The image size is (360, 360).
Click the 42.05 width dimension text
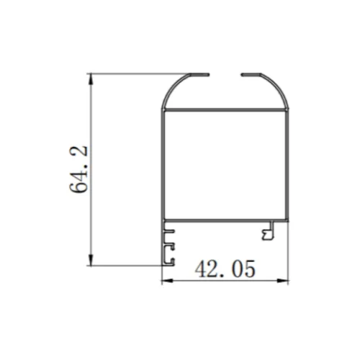click(x=225, y=269)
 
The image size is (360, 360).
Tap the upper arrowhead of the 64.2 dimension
click(x=91, y=77)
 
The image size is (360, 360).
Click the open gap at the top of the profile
click(x=225, y=73)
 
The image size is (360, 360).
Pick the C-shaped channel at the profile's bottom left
click(x=170, y=246)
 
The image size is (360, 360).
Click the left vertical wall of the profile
click(x=161, y=166)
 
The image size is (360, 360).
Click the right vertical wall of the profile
click(x=288, y=166)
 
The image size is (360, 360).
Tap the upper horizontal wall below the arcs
click(x=225, y=109)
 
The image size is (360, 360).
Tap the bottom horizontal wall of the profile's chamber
click(x=225, y=220)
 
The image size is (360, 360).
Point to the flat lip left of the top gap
click(x=199, y=73)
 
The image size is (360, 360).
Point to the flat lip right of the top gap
click(x=250, y=73)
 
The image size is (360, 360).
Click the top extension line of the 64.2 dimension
click(x=137, y=73)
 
